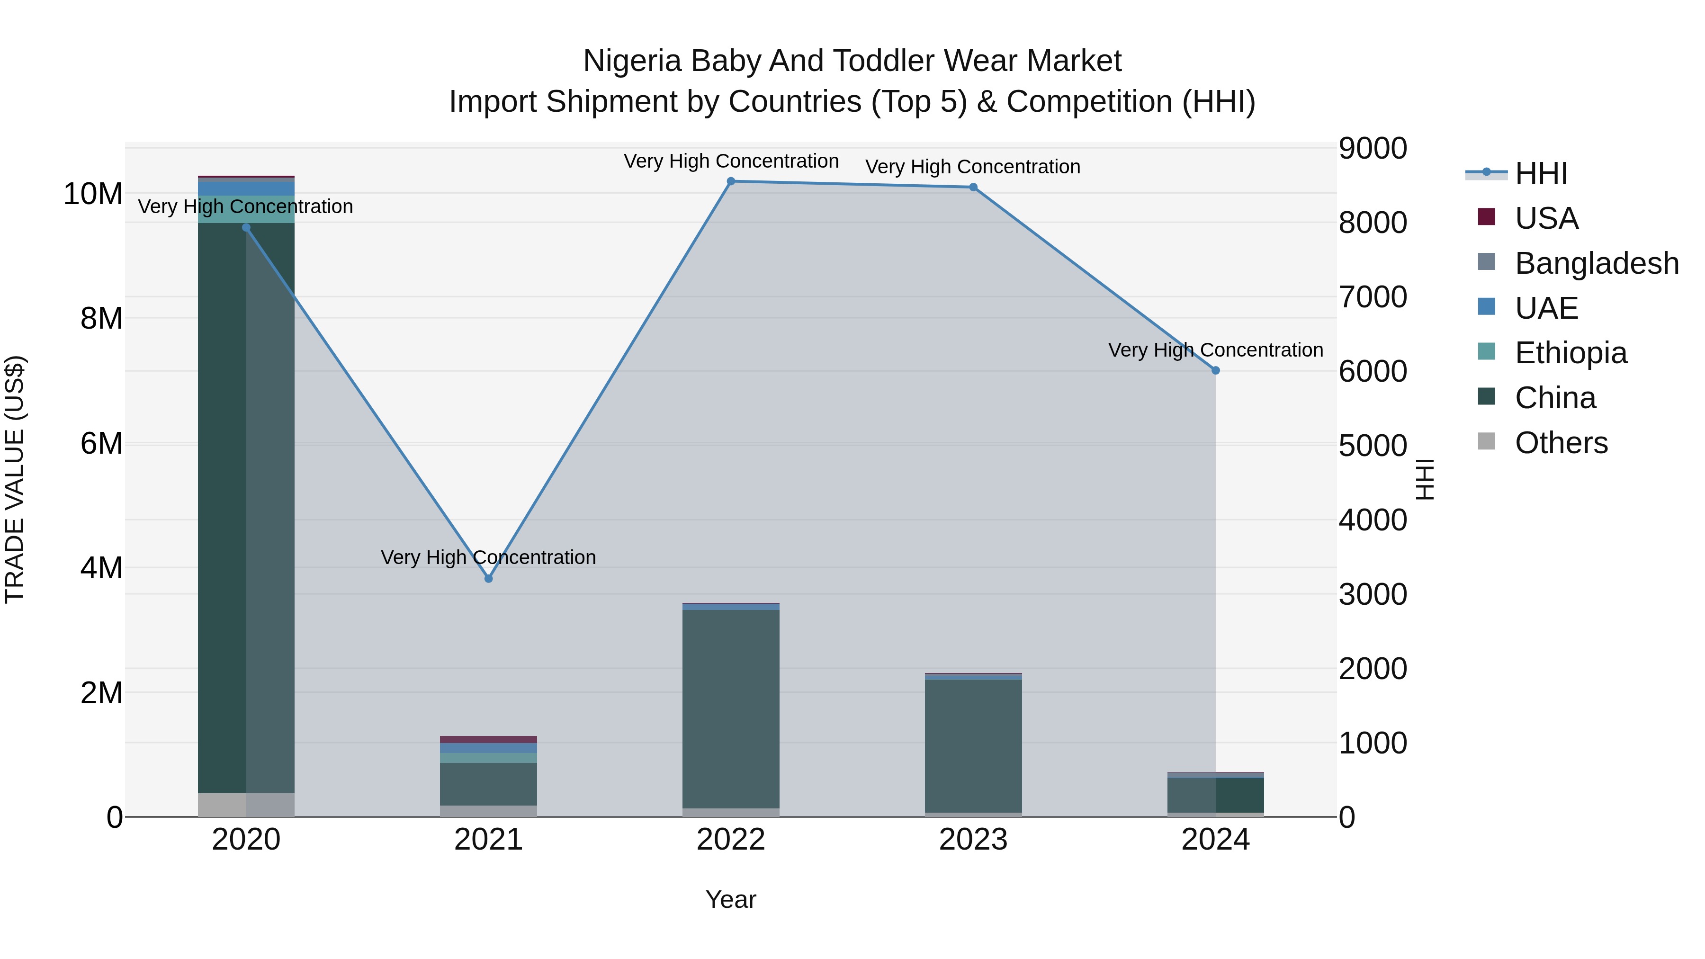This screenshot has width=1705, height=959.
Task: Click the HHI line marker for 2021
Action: coord(488,578)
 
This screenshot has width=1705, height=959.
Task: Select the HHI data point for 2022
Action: coord(731,181)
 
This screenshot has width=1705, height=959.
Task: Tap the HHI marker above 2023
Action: coord(973,187)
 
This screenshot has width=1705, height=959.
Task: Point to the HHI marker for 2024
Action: coord(1215,371)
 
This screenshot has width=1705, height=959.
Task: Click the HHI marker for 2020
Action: coord(246,228)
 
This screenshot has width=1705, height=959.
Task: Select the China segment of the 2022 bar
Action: coord(731,708)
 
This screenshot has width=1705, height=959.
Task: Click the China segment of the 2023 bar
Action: coord(973,744)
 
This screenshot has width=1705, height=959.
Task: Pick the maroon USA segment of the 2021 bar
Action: coord(488,739)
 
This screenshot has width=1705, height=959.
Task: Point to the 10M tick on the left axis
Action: coord(93,194)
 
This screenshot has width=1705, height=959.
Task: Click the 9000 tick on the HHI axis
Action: coord(1372,148)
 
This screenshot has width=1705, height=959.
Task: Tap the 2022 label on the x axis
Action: coord(731,840)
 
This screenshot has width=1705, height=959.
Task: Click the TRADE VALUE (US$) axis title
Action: coord(15,479)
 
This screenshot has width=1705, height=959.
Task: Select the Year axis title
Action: coord(731,899)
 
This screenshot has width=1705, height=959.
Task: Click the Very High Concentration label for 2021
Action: coord(488,557)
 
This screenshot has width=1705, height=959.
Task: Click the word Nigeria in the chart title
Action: coord(632,61)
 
